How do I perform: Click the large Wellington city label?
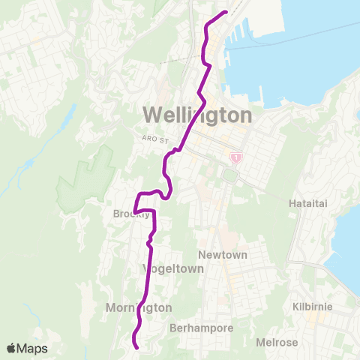point(196,115)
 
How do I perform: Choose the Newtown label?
point(222,255)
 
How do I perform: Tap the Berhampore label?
point(202,328)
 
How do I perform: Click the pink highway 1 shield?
point(236,157)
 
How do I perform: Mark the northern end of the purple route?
point(226,12)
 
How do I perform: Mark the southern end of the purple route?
point(136,346)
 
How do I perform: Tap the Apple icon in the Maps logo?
point(10,348)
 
